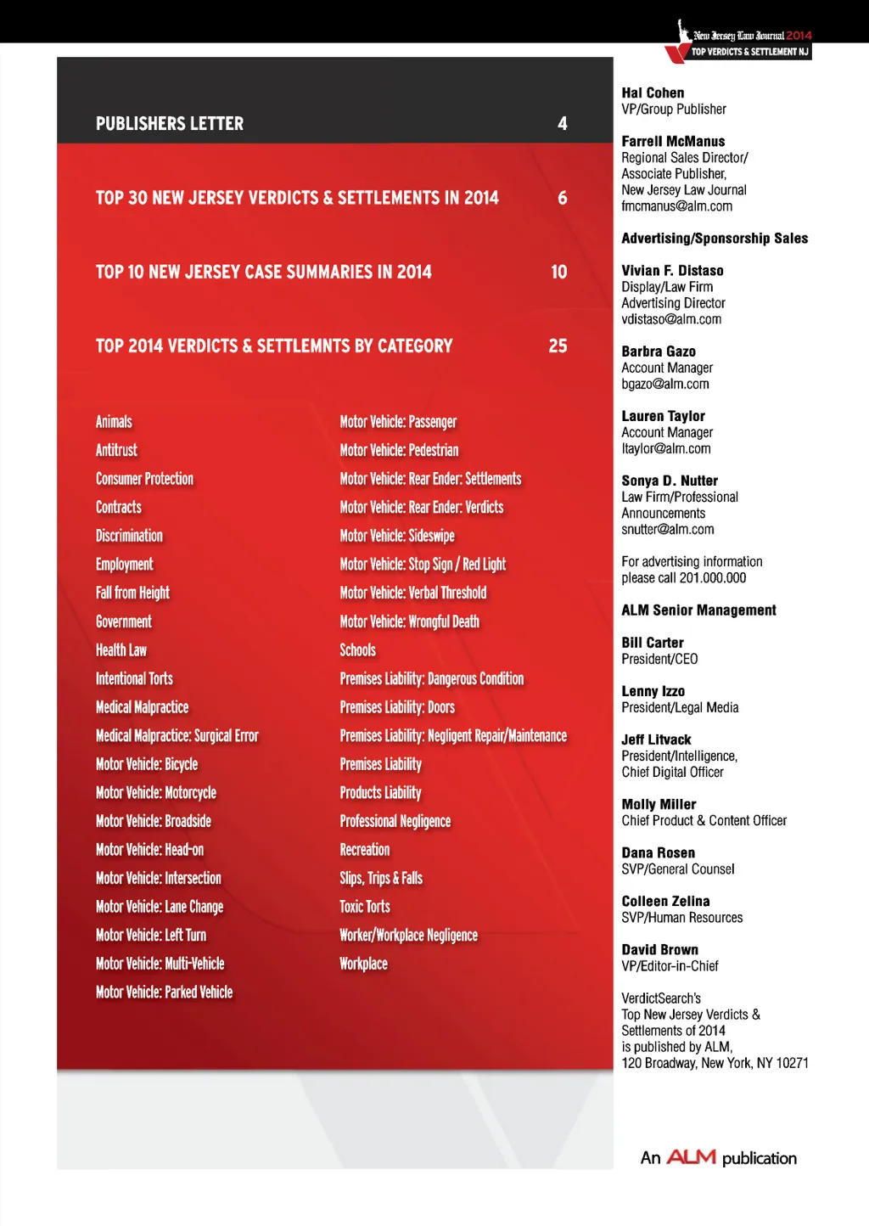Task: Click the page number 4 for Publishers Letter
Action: point(562,124)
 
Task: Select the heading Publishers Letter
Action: point(170,124)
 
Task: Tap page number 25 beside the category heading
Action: point(558,346)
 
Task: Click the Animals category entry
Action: point(114,422)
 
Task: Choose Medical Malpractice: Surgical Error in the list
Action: point(177,736)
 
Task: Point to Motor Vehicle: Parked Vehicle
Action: point(164,993)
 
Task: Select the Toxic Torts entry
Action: point(365,907)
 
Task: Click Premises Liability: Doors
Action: point(397,707)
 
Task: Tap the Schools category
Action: point(357,650)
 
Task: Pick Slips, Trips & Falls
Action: point(381,879)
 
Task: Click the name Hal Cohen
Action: point(653,93)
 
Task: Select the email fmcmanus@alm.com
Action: point(676,206)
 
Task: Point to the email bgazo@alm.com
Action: point(665,385)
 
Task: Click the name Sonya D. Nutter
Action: point(670,481)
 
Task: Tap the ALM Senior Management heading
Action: point(698,610)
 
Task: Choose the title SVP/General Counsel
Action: point(678,869)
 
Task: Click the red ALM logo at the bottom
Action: point(691,1157)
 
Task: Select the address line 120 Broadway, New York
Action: point(715,1063)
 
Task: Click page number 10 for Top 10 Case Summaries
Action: point(558,273)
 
